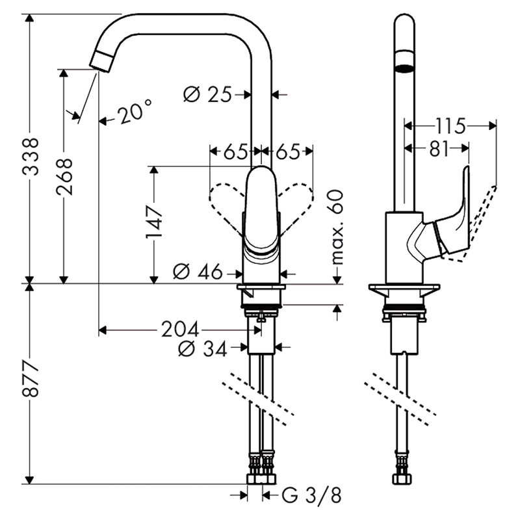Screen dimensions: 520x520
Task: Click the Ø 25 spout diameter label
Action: click(207, 95)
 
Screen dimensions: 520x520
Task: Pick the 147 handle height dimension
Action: click(155, 223)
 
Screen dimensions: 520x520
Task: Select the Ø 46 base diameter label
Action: click(198, 272)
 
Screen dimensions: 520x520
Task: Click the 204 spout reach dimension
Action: click(180, 330)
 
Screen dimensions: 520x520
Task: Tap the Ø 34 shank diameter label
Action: click(203, 349)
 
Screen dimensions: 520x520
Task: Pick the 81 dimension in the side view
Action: click(439, 149)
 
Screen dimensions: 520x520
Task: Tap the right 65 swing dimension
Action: click(287, 152)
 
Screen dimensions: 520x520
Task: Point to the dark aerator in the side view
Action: click(404, 67)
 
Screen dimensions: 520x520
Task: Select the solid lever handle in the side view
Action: click(454, 221)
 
